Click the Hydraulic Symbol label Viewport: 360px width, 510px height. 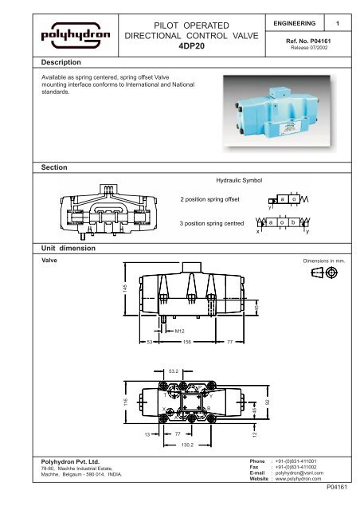(240, 181)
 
